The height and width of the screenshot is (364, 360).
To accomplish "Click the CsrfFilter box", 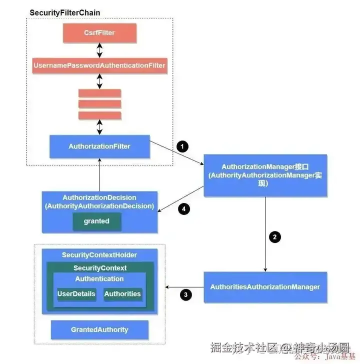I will [99, 33].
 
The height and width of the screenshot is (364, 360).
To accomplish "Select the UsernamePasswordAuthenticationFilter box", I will [99, 65].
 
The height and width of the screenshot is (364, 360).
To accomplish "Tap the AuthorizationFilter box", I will [99, 146].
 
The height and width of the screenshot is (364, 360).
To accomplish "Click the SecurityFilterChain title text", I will [65, 12].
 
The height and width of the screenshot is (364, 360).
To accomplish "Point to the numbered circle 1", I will [182, 146].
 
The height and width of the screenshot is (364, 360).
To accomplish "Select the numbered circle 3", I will [185, 295].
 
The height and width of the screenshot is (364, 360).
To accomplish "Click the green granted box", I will [96, 221].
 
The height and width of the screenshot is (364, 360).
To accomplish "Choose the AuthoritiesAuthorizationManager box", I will [265, 287].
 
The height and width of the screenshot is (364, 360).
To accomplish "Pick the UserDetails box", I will [76, 294].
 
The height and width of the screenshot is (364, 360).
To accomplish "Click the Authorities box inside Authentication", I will [122, 294].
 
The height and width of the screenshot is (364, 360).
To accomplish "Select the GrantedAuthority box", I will [99, 329].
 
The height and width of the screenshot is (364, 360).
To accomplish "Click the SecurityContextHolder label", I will [99, 255].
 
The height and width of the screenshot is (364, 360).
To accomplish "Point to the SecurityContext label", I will [100, 268].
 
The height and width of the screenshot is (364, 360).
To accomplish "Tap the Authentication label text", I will [99, 279].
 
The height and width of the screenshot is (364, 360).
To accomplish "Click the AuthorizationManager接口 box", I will [264, 174].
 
